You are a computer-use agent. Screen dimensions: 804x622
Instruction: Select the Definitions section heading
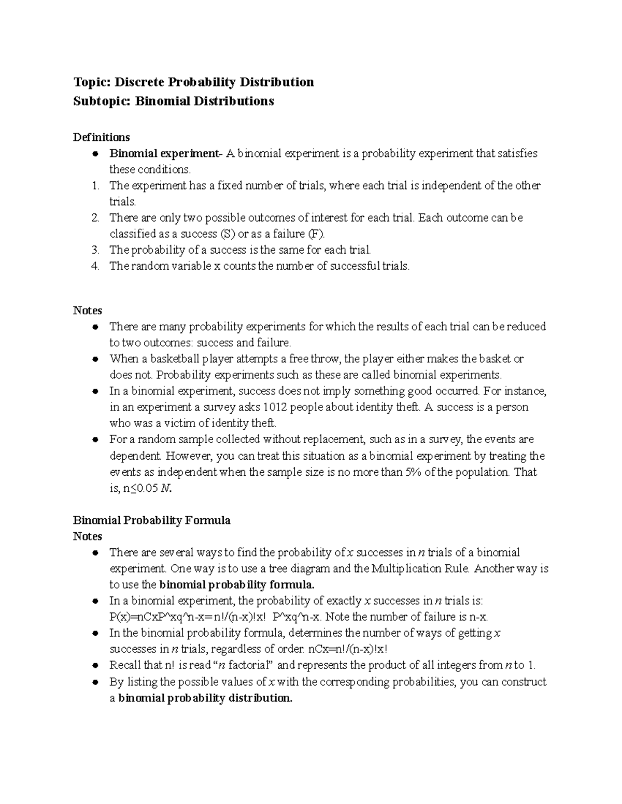pyautogui.click(x=102, y=137)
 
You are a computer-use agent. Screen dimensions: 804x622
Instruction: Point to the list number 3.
pyautogui.click(x=95, y=250)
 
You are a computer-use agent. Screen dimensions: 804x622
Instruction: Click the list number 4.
pyautogui.click(x=95, y=266)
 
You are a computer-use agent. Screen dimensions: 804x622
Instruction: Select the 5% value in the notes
pyautogui.click(x=412, y=472)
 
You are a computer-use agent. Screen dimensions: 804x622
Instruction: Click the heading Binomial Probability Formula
pyautogui.click(x=152, y=520)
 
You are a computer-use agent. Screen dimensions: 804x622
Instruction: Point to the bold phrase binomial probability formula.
pyautogui.click(x=237, y=585)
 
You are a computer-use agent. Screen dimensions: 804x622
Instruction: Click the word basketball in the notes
pyautogui.click(x=174, y=359)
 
